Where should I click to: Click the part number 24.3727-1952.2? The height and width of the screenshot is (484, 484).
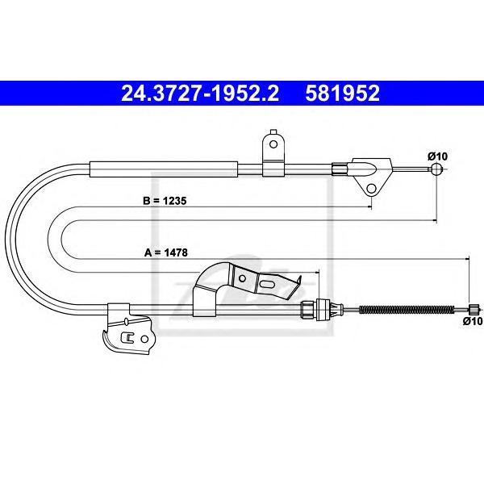[x=200, y=94]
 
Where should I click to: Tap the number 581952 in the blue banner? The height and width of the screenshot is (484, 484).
[x=342, y=94]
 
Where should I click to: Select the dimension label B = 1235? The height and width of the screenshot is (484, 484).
[x=165, y=201]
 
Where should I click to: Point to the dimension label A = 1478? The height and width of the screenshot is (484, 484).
[x=165, y=252]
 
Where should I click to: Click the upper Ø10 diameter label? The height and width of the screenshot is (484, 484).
[x=437, y=156]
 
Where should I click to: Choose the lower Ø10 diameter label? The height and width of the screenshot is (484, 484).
[x=473, y=321]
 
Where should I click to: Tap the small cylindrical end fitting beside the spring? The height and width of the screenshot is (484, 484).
[x=474, y=308]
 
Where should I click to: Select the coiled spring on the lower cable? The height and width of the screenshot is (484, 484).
[x=407, y=309]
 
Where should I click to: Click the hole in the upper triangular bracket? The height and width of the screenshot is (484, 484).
[x=372, y=188]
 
